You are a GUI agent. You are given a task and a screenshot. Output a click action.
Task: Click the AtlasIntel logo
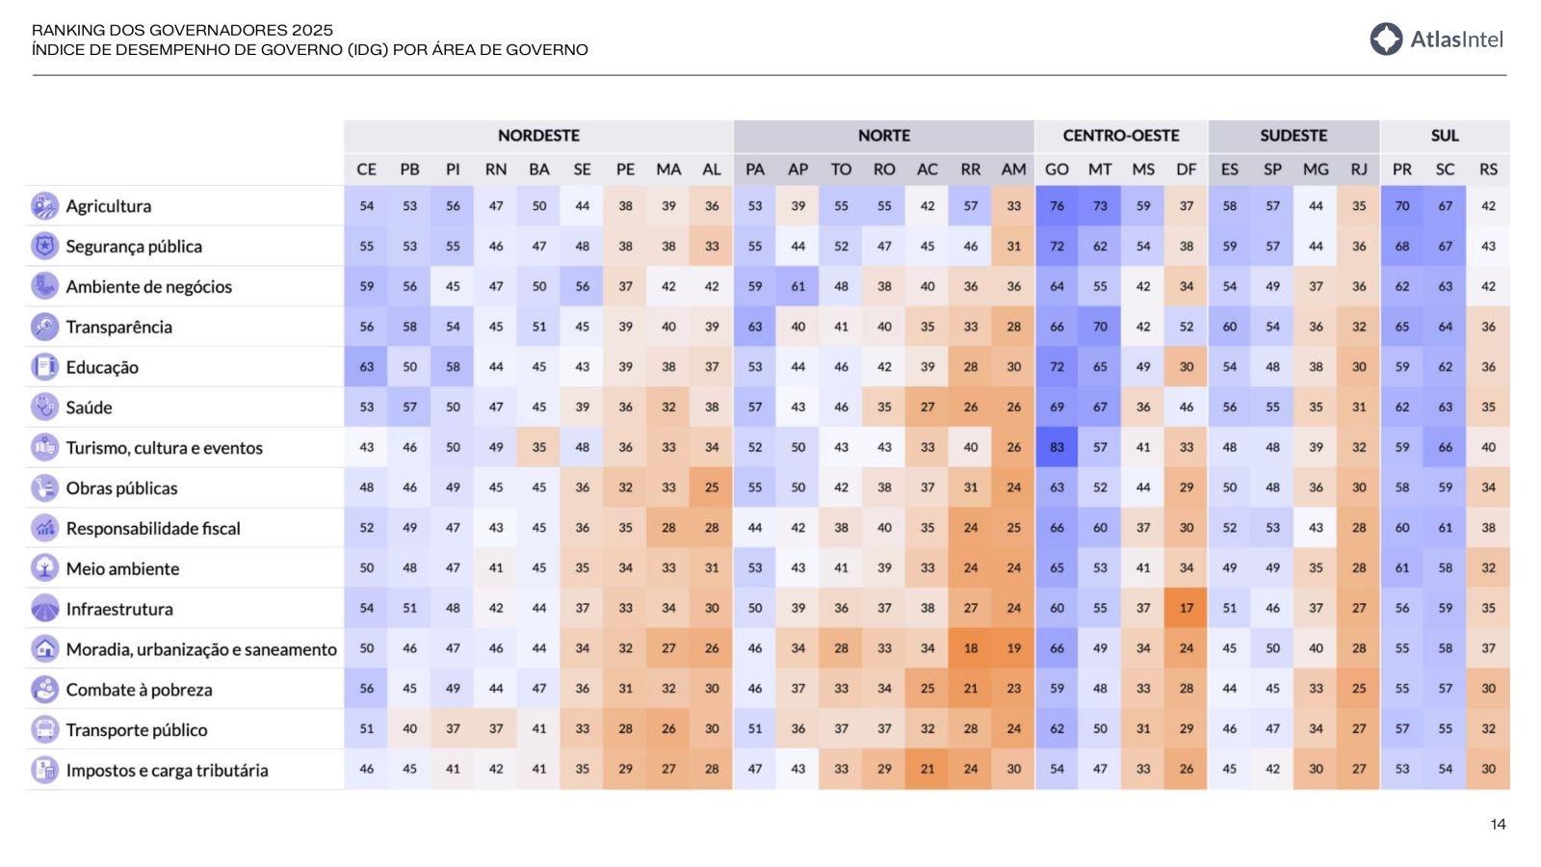pos(1435,39)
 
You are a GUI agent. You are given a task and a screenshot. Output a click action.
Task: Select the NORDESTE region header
pos(538,136)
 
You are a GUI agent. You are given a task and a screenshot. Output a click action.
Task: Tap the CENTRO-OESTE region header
pos(1120,136)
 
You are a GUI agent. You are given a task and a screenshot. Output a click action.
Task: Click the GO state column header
pos(1057,170)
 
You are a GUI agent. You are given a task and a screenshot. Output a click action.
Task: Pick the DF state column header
pos(1186,170)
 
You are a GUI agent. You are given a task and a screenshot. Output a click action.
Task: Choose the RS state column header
pos(1488,170)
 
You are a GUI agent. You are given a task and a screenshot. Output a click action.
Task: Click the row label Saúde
pos(89,407)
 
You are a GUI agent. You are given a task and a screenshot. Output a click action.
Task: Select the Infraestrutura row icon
pos(44,609)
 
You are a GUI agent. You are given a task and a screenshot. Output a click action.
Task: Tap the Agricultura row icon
pos(44,206)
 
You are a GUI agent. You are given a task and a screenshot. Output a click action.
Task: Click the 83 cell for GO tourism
pos(1057,448)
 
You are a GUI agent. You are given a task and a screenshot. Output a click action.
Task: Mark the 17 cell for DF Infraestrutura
pos(1186,609)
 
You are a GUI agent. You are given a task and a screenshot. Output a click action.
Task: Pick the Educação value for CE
pos(366,367)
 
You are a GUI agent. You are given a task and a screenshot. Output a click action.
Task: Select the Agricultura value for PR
pos(1401,206)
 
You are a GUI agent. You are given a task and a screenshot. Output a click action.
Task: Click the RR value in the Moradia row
pos(970,649)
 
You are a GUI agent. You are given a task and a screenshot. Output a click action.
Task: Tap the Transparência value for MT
pos(1100,327)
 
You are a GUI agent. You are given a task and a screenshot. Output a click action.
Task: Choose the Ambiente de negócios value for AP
pos(797,286)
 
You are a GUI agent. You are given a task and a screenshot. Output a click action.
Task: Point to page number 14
pos(1498,825)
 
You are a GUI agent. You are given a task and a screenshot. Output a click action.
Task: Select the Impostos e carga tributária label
pos(167,771)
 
